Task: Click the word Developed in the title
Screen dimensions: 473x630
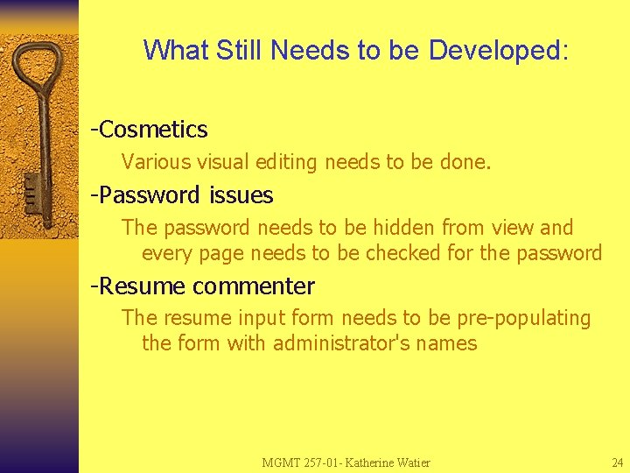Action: pyautogui.click(x=498, y=50)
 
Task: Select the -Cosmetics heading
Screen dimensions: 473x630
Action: pyautogui.click(x=150, y=130)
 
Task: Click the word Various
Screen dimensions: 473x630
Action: pyautogui.click(x=153, y=162)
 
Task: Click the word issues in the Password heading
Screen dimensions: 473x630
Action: pyautogui.click(x=241, y=194)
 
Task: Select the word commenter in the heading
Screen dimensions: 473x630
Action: pyautogui.click(x=253, y=286)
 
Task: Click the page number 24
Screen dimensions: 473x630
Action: pyautogui.click(x=617, y=462)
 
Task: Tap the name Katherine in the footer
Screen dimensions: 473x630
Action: pyautogui.click(x=371, y=462)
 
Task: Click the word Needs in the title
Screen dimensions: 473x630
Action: pyautogui.click(x=310, y=50)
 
